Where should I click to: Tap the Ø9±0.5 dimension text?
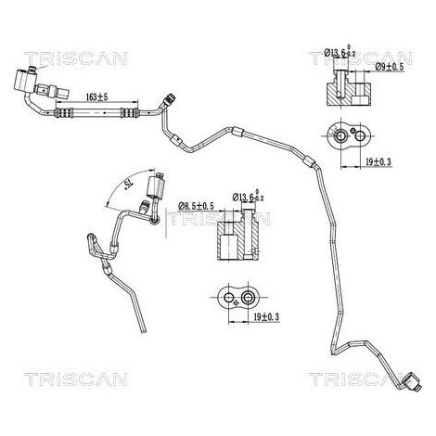coord(390,67)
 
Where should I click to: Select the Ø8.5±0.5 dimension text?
coord(196,206)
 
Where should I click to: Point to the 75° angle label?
coord(128,186)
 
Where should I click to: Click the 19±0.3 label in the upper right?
coord(378,161)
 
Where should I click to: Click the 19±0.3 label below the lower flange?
coord(266,316)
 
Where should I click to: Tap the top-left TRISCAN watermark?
coord(76,58)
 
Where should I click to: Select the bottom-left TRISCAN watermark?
coord(76,379)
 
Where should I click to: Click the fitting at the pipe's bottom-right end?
coord(412,381)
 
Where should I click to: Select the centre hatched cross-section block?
coord(238,236)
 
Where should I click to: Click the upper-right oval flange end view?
coord(351,136)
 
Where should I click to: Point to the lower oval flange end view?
coord(238,298)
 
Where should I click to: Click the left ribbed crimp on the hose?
coord(64,113)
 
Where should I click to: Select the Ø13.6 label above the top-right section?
coord(340,52)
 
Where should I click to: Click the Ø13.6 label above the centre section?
coord(249,196)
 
